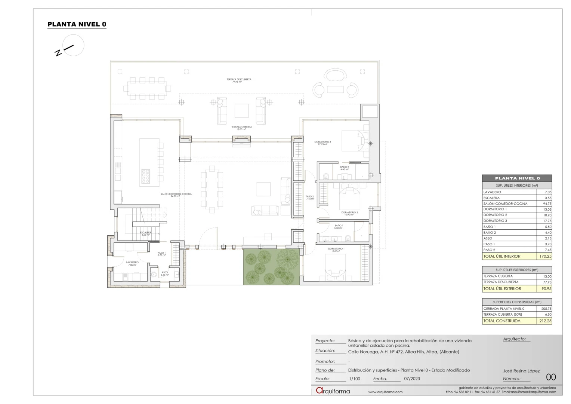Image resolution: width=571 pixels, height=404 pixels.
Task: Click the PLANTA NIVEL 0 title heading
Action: pyautogui.click(x=77, y=24)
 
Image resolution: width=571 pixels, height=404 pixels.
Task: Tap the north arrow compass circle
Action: pyautogui.click(x=73, y=45)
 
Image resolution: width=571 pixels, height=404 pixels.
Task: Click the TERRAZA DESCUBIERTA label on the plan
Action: pyautogui.click(x=239, y=80)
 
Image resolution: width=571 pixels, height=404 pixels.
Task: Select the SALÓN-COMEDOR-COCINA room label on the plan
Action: pyautogui.click(x=176, y=195)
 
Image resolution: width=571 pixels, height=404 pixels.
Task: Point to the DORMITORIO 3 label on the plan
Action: pyautogui.click(x=322, y=143)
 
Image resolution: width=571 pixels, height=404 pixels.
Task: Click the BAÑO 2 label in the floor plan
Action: pyautogui.click(x=344, y=168)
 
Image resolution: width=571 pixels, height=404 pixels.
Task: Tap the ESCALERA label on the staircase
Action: pyautogui.click(x=146, y=233)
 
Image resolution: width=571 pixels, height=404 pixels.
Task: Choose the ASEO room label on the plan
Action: pyautogui.click(x=164, y=273)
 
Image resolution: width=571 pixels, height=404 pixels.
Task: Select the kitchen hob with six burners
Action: pyautogui.click(x=145, y=177)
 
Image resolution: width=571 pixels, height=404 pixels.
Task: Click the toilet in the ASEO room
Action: pyautogui.click(x=154, y=275)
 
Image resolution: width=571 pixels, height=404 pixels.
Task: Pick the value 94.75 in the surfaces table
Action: pyautogui.click(x=547, y=204)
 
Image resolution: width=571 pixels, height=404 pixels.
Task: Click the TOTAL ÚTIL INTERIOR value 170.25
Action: pyautogui.click(x=545, y=257)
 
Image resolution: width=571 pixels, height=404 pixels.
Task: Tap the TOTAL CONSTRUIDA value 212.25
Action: pyautogui.click(x=545, y=321)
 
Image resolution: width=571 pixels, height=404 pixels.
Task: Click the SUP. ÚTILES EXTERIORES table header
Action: pyautogui.click(x=517, y=270)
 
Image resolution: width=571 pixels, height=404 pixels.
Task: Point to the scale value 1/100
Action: pyautogui.click(x=355, y=379)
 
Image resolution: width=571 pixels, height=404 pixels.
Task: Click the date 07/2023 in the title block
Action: pyautogui.click(x=412, y=379)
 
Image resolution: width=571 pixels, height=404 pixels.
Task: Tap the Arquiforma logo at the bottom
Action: pyautogui.click(x=333, y=391)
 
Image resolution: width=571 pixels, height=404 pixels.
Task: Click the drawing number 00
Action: pyautogui.click(x=551, y=377)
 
